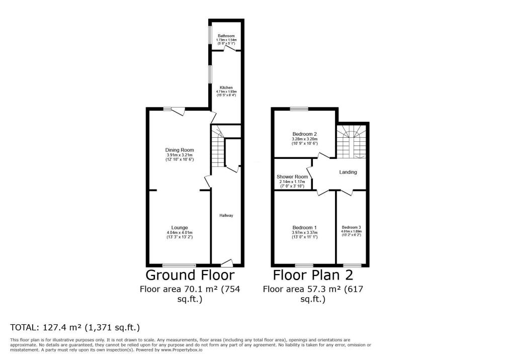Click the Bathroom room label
click(x=226, y=36)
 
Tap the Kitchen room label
click(x=226, y=88)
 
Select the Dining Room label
click(x=180, y=150)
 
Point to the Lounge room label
click(x=180, y=227)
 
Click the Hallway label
click(x=226, y=215)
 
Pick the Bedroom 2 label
click(x=305, y=134)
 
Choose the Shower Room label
click(x=292, y=177)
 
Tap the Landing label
click(x=348, y=172)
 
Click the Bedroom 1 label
click(x=305, y=227)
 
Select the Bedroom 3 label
click(x=352, y=227)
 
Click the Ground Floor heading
click(x=190, y=275)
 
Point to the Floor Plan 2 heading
click(x=313, y=275)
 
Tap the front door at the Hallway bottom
click(x=227, y=262)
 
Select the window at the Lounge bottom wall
click(x=180, y=265)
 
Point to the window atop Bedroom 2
click(x=299, y=109)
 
